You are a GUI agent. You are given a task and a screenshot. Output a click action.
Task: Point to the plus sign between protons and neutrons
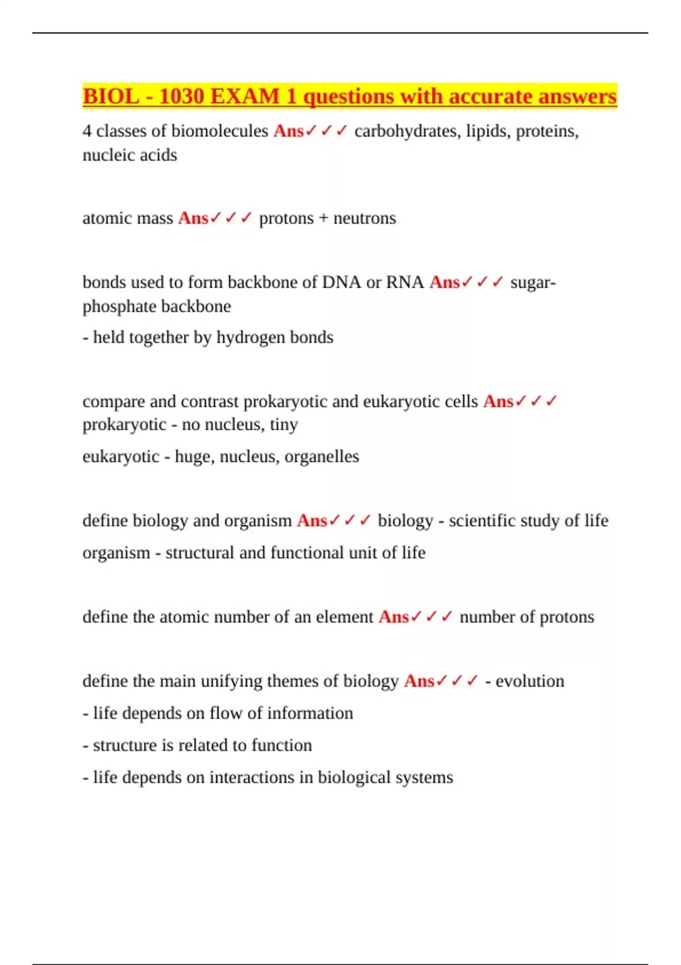(323, 219)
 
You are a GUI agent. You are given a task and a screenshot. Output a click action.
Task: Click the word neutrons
(364, 219)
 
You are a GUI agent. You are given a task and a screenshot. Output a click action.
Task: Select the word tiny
(284, 425)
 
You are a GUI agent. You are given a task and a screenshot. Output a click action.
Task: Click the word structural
(200, 553)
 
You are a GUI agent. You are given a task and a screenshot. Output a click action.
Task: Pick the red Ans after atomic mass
(193, 219)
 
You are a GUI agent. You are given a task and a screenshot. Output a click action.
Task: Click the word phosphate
(117, 307)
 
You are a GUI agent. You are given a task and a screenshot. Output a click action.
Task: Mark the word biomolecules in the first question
(220, 131)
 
